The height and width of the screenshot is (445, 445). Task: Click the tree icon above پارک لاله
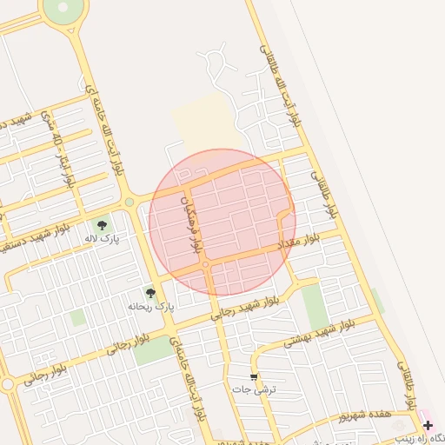tap(103, 225)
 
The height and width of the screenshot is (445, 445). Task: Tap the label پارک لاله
tap(102, 237)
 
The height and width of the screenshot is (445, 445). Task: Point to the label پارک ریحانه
tap(151, 306)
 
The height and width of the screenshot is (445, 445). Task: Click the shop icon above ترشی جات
tap(253, 377)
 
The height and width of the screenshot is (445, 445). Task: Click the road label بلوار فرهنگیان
tap(195, 222)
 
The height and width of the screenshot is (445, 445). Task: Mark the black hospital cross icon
tap(427, 425)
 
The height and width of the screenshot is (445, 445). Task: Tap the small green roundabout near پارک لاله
tap(130, 203)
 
